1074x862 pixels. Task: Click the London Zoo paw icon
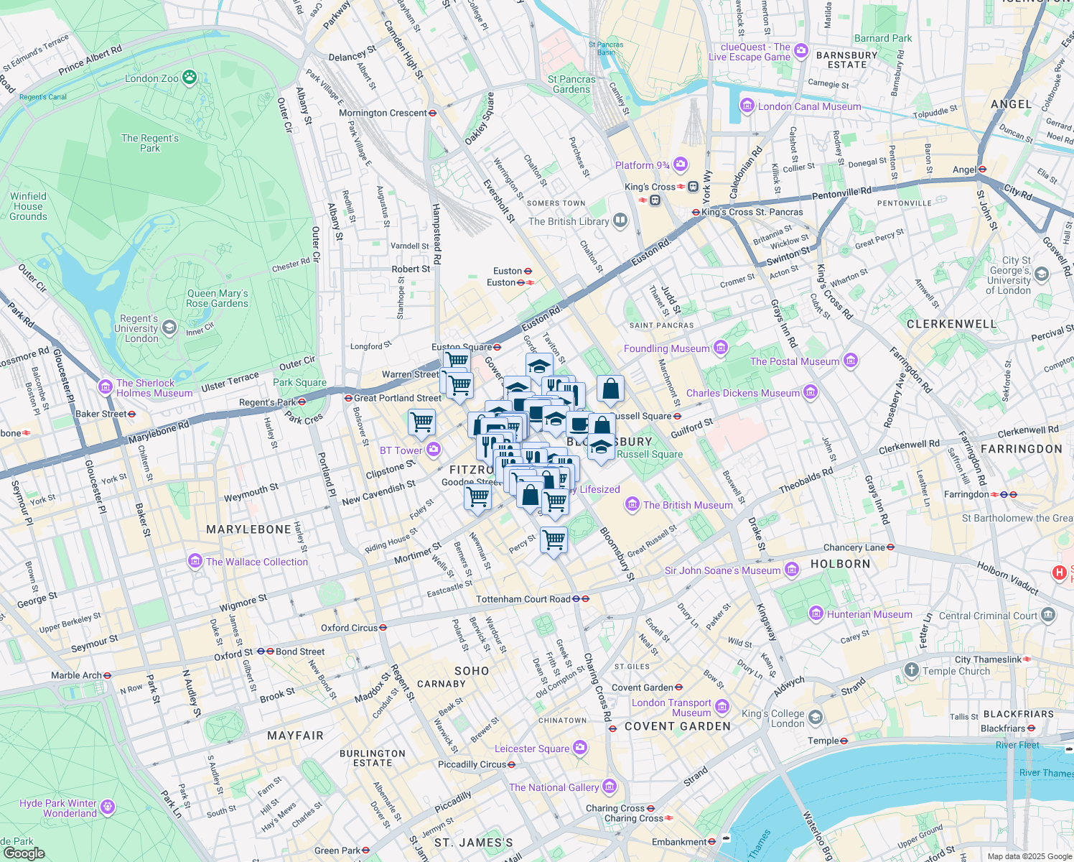[x=190, y=78]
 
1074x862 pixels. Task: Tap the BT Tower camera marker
[x=434, y=450]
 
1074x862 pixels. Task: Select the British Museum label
[x=687, y=505]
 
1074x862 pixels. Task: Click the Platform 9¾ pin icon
[x=681, y=164]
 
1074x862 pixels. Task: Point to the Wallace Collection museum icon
[x=195, y=561]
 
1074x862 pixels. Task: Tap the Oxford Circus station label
[x=349, y=628]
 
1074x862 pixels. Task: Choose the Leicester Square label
[x=532, y=749]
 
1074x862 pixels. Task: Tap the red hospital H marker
[x=1059, y=573]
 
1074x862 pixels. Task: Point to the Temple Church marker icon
[x=911, y=670]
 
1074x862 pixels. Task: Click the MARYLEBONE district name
[x=248, y=529]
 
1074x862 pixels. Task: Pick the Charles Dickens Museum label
[x=742, y=393]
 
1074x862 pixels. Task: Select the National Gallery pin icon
[x=610, y=787]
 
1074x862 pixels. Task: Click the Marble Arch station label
[x=76, y=675]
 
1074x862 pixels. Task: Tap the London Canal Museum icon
[x=747, y=106]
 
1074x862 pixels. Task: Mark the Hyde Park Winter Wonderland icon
[x=108, y=807]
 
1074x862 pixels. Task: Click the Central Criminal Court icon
[x=1048, y=615]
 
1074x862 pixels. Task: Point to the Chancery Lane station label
[x=854, y=547]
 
